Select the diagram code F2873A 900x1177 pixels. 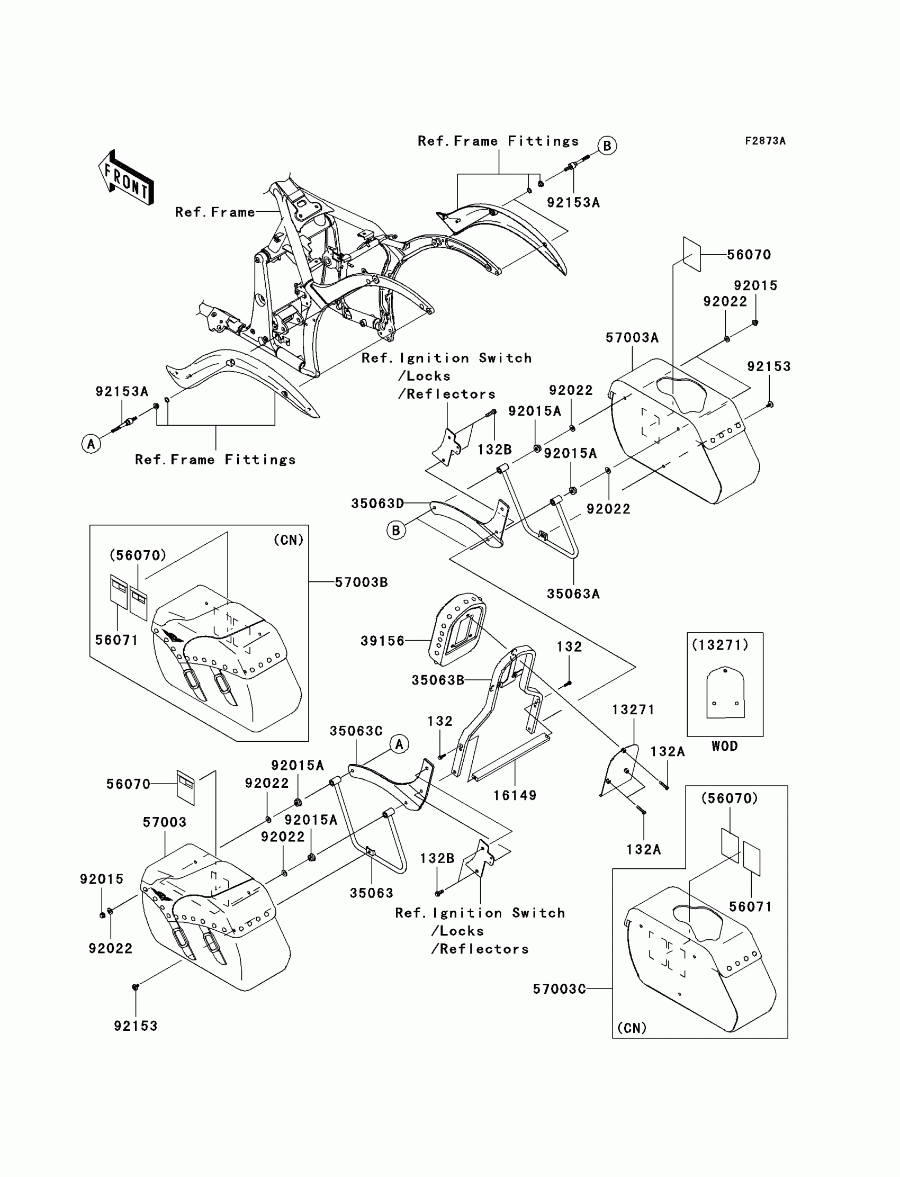pos(765,141)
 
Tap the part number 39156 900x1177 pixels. pos(382,641)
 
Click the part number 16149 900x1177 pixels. pos(515,796)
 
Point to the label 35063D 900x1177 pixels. pos(377,504)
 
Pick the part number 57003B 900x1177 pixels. pos(361,582)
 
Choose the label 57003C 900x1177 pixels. pos(559,990)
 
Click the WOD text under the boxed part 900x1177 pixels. pos(724,746)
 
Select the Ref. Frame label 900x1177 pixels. pos(215,212)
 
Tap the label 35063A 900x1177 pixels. pos(573,594)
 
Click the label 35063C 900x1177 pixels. pos(356,731)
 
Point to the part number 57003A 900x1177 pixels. pos(632,337)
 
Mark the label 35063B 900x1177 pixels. pos(438,680)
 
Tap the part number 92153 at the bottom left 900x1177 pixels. pos(136,1026)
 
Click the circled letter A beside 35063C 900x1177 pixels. pos(399,744)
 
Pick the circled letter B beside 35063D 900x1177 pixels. pos(396,531)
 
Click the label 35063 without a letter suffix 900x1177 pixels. pos(371,893)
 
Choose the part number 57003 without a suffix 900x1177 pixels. pos(165,822)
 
